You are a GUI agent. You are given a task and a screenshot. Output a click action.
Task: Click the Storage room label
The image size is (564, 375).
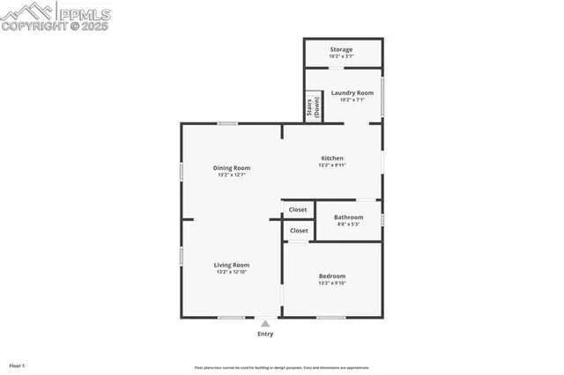click(341, 49)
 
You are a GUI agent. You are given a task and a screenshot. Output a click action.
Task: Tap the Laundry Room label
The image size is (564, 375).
click(352, 92)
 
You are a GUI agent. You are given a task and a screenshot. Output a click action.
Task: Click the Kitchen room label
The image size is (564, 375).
click(331, 158)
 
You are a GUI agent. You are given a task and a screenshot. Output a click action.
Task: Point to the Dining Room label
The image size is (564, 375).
click(232, 168)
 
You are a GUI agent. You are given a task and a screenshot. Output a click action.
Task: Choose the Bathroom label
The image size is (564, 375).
click(348, 217)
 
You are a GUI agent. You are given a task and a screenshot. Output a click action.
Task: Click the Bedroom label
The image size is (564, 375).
click(332, 276)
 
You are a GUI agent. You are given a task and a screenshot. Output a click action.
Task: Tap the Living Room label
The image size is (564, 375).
click(232, 265)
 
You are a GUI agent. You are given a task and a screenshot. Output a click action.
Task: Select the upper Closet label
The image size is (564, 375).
click(298, 210)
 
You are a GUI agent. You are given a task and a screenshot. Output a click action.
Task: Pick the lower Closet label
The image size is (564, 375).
click(298, 231)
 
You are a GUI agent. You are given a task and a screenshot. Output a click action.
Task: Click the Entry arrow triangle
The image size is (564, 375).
click(265, 323)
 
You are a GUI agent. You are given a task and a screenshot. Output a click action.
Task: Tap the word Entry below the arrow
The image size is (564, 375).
click(265, 334)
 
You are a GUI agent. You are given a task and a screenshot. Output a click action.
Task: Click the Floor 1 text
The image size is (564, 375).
click(17, 364)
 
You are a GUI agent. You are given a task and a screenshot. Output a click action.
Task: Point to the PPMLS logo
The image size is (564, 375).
click(56, 16)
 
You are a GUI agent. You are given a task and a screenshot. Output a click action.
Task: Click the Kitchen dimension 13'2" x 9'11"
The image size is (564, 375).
click(331, 165)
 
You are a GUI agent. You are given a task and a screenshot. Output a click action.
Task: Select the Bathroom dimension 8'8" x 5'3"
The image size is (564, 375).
click(348, 224)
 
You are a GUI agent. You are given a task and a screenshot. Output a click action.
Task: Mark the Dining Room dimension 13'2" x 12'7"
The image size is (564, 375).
click(232, 175)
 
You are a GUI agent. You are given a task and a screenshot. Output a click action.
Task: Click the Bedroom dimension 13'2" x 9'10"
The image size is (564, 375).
click(332, 283)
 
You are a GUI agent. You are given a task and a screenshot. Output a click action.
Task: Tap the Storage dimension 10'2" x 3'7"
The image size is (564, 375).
click(341, 56)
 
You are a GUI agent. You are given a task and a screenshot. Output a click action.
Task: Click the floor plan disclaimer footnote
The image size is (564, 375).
click(282, 367)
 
